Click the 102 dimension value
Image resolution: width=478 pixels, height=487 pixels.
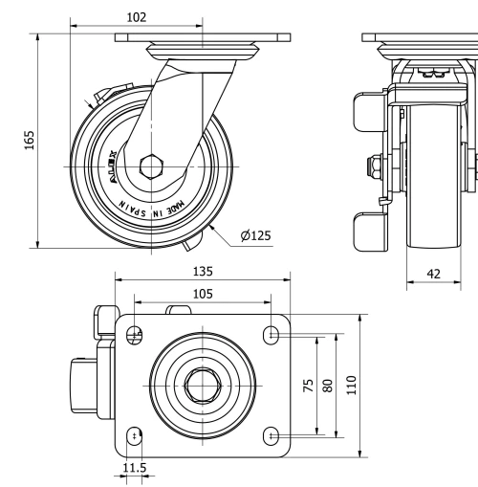(137, 16)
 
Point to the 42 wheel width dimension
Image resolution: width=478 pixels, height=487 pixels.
(434, 274)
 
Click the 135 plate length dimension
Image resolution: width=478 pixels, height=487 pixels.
(203, 272)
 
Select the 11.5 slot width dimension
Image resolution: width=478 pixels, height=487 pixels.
(135, 469)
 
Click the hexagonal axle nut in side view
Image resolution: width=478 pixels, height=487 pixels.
(153, 166)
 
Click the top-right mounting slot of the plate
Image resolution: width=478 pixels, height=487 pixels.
(272, 335)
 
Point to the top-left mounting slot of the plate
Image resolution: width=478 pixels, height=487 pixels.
(135, 335)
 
